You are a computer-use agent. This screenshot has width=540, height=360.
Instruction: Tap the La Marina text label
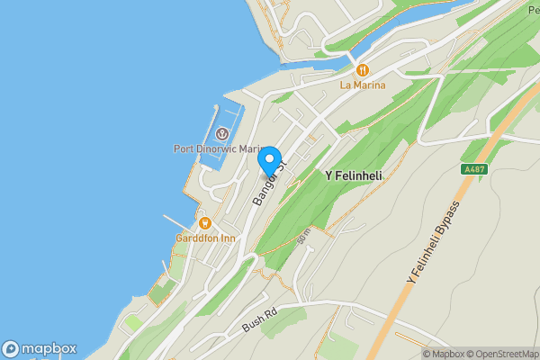click(x=362, y=85)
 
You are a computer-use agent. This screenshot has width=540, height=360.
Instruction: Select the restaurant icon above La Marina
click(x=362, y=69)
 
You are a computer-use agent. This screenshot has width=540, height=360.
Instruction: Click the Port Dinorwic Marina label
click(x=217, y=149)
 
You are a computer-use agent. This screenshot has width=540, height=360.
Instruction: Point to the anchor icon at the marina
click(x=221, y=134)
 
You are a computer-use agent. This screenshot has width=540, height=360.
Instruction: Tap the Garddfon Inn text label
click(x=205, y=238)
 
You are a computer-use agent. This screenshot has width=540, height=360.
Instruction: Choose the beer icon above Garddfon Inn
click(x=205, y=223)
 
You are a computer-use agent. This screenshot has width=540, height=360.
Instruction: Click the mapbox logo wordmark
click(x=49, y=349)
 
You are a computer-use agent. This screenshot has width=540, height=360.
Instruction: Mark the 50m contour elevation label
click(x=303, y=236)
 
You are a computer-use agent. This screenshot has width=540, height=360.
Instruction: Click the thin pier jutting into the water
click(x=179, y=221)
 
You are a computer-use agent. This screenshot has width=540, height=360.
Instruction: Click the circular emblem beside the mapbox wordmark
click(x=11, y=349)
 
